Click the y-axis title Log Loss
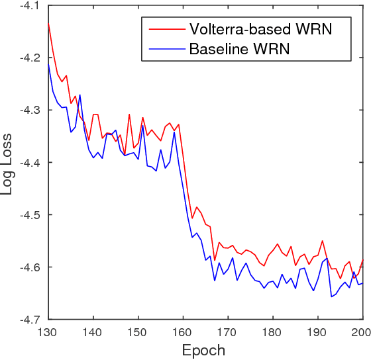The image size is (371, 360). (9, 162)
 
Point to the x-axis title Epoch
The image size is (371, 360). (205, 350)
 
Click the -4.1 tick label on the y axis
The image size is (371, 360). (29, 6)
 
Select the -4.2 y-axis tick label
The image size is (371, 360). (29, 58)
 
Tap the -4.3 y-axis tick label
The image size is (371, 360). (29, 110)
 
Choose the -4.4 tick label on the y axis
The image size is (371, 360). (29, 162)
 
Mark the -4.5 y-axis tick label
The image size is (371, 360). (29, 215)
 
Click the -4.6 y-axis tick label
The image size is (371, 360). (29, 267)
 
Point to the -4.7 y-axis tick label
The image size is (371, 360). (29, 319)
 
